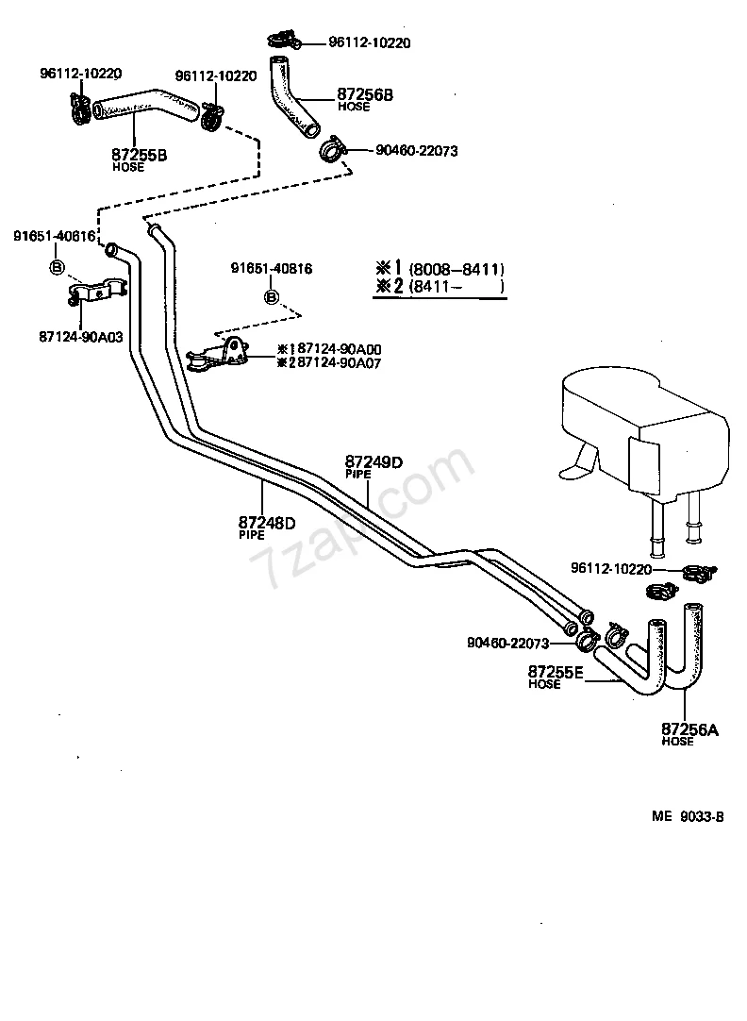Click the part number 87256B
(364, 94)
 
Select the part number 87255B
(140, 155)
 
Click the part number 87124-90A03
(81, 337)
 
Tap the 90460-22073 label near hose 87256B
(417, 150)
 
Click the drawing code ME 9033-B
(688, 816)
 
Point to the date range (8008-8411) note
(456, 269)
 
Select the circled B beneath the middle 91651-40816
(272, 297)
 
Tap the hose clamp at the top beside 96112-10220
(284, 41)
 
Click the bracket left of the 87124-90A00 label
(217, 357)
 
